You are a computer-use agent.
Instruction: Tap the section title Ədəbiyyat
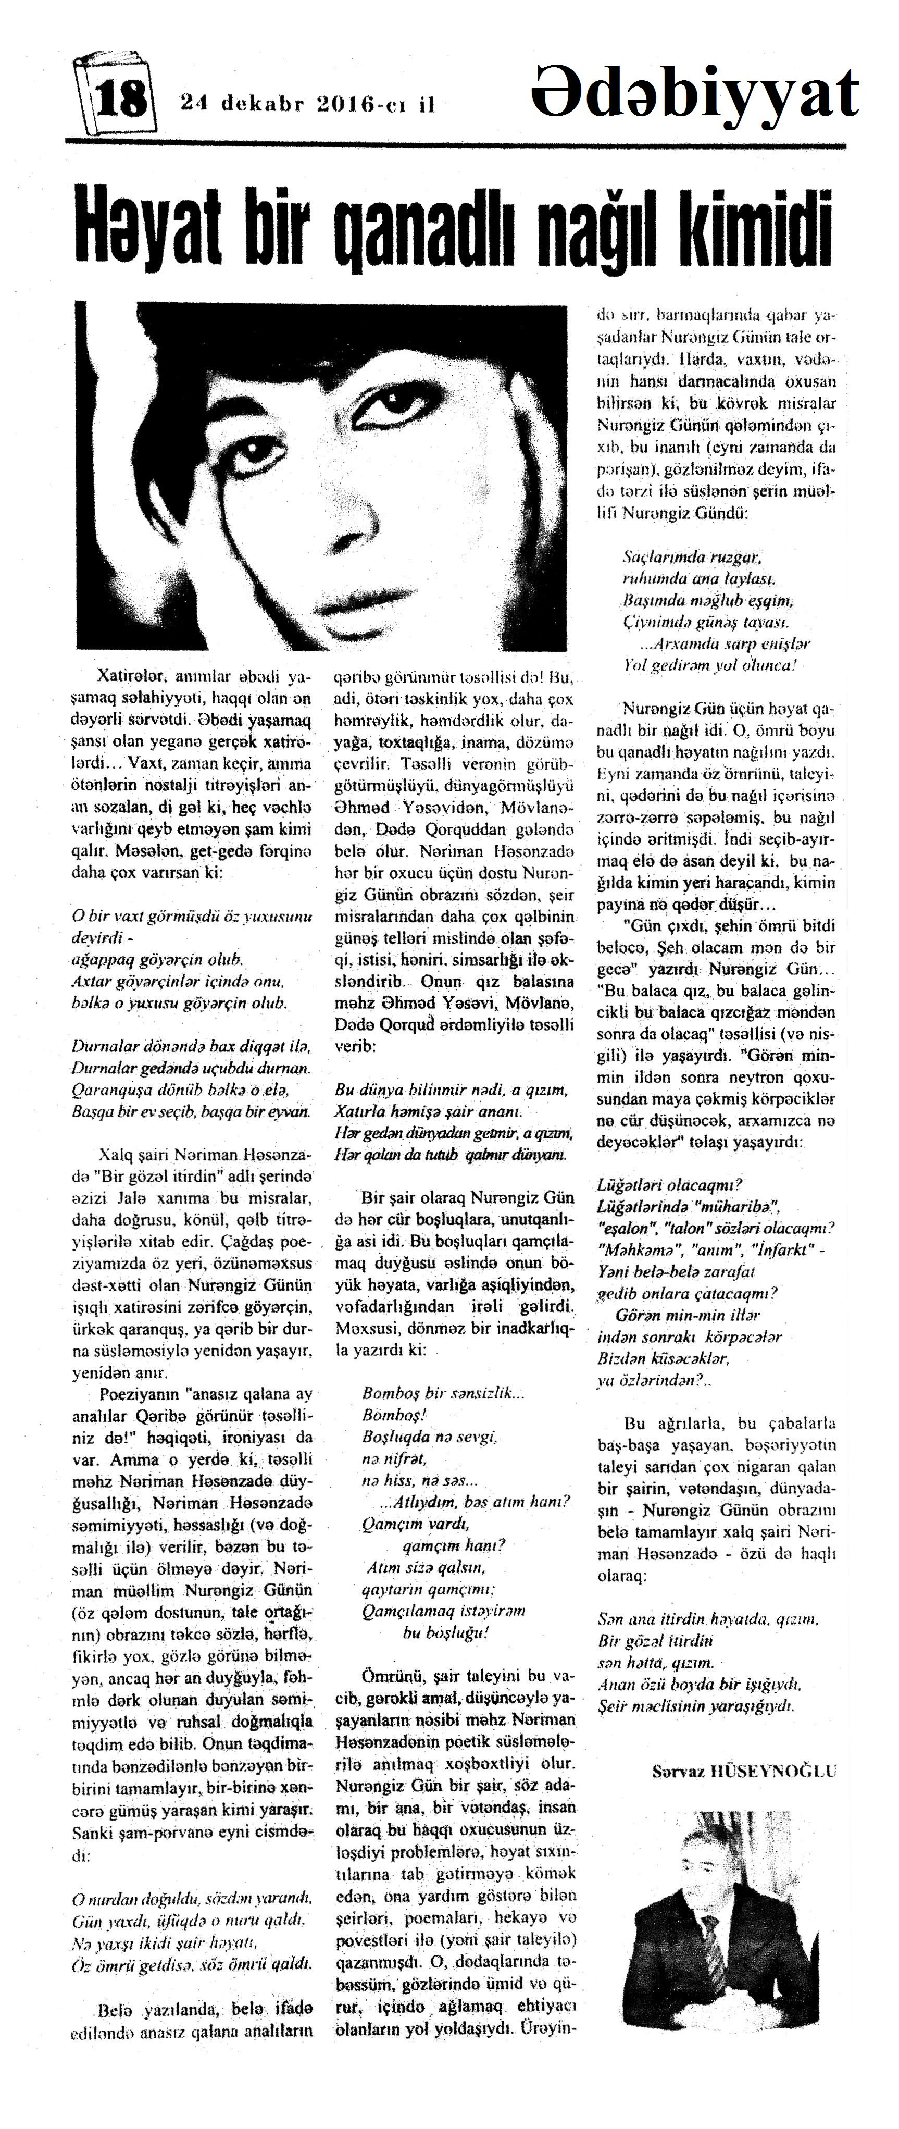695,93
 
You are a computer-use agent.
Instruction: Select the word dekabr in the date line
261,104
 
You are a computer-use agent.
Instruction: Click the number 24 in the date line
195,104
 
